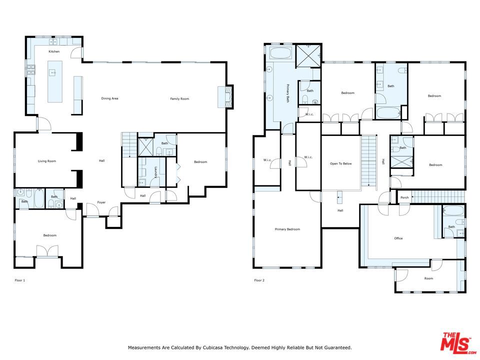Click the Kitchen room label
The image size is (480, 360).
click(x=54, y=51)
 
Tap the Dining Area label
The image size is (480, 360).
click(x=109, y=98)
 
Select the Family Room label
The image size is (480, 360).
click(x=179, y=99)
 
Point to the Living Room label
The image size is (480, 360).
click(x=47, y=161)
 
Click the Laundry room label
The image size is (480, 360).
click(x=155, y=172)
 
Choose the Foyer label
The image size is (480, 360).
click(x=101, y=202)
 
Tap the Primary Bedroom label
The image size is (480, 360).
click(x=287, y=229)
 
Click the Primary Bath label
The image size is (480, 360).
click(x=288, y=93)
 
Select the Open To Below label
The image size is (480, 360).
click(x=341, y=164)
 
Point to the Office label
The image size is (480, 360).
click(x=398, y=238)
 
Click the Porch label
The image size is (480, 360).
click(x=404, y=198)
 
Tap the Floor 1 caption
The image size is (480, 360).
click(x=20, y=280)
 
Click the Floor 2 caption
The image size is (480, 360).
click(x=259, y=280)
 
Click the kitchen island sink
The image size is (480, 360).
click(x=53, y=73)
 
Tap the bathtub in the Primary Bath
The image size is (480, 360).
click(x=280, y=53)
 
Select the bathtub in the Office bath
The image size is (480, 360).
click(x=453, y=210)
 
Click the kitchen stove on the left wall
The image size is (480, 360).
click(x=31, y=70)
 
